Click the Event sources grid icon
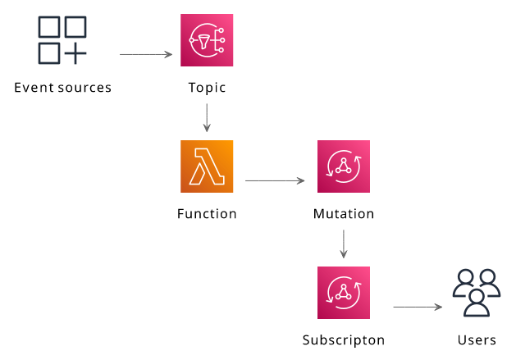(x=62, y=40)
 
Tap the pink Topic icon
(x=207, y=40)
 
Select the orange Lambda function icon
(x=207, y=166)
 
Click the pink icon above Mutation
(x=344, y=166)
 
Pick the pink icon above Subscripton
(x=344, y=293)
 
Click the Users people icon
(x=477, y=293)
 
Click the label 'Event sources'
(x=63, y=88)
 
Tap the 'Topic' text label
(x=207, y=89)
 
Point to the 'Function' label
(x=207, y=213)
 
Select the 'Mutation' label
(x=344, y=213)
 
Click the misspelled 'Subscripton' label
(x=344, y=340)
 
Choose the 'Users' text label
(x=477, y=340)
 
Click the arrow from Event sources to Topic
(x=146, y=54)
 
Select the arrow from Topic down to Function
(x=207, y=118)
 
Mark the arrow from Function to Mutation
(x=275, y=180)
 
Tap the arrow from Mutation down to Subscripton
(x=344, y=244)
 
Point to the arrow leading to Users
(x=418, y=307)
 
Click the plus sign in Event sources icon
(x=75, y=53)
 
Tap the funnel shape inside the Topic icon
(x=203, y=42)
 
